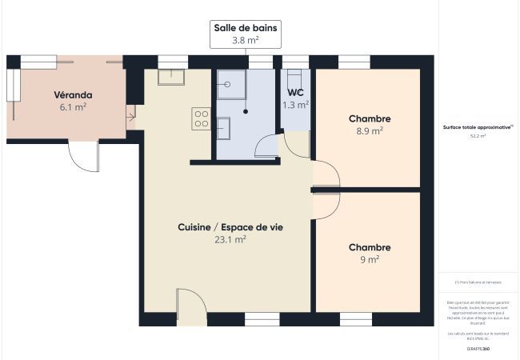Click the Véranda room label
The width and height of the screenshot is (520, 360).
pyautogui.click(x=73, y=93)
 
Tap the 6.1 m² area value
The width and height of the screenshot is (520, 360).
pyautogui.click(x=73, y=106)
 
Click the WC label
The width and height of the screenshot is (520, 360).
pyautogui.click(x=295, y=92)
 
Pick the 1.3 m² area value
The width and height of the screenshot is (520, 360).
pyautogui.click(x=295, y=104)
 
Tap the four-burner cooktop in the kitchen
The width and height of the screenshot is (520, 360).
pyautogui.click(x=201, y=119)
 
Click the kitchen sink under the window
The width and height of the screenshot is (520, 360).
pyautogui.click(x=171, y=77)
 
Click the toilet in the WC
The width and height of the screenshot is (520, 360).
pyautogui.click(x=294, y=78)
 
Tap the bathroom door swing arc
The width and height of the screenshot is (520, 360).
pyautogui.click(x=265, y=145)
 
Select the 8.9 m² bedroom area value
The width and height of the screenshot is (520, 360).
pyautogui.click(x=369, y=131)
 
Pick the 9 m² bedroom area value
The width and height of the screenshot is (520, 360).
pyautogui.click(x=370, y=259)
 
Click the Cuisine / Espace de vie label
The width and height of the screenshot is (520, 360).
pyautogui.click(x=230, y=227)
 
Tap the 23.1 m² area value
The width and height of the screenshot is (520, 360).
pyautogui.click(x=230, y=239)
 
